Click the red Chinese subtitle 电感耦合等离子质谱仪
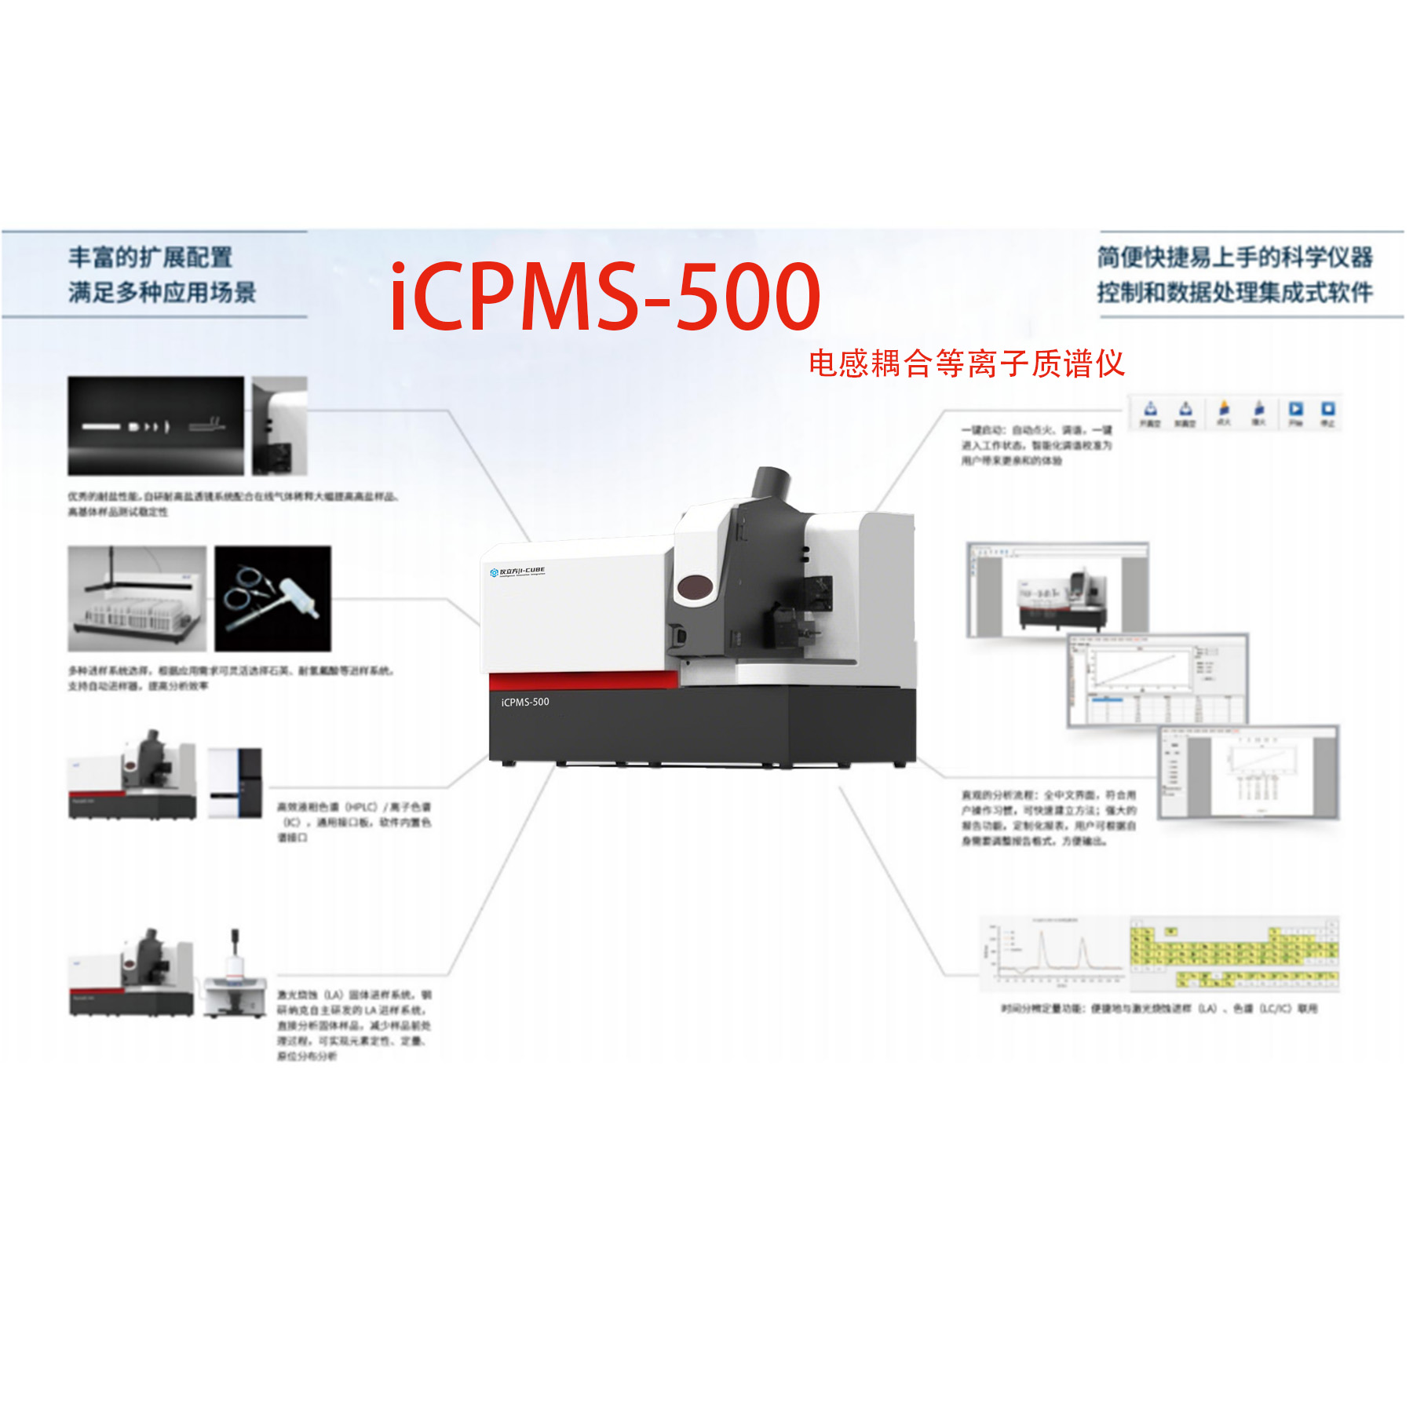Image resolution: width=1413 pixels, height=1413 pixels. (966, 363)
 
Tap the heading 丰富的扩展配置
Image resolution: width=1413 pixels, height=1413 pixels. (150, 257)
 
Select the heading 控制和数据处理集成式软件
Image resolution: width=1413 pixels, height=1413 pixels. (1235, 293)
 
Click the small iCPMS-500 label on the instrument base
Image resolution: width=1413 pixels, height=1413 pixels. (525, 702)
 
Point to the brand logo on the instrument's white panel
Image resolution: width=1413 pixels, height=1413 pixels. (517, 571)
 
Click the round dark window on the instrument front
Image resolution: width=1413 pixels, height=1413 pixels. (694, 586)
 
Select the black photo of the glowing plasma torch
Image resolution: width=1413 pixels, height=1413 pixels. (155, 425)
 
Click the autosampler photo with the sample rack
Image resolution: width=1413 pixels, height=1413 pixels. (137, 598)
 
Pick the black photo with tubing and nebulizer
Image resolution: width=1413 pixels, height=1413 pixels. (272, 598)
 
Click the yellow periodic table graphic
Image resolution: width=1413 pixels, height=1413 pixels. (1234, 953)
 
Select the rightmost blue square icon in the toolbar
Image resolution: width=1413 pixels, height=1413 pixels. (1327, 409)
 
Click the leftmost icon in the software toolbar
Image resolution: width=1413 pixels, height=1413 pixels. (1150, 409)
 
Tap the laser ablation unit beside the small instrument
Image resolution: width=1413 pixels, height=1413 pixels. (235, 976)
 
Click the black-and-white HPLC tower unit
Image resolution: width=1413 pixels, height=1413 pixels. (235, 783)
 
